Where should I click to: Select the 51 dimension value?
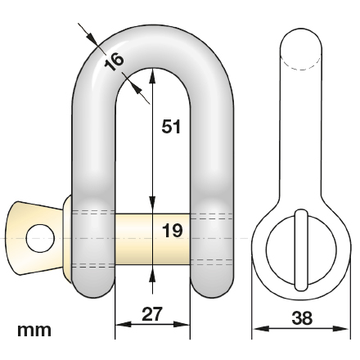[x=169, y=127]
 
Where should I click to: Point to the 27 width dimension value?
[x=153, y=313]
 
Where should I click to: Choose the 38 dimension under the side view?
[x=302, y=318]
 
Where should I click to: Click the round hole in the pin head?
[x=39, y=239]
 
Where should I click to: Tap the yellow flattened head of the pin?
[x=37, y=237]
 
